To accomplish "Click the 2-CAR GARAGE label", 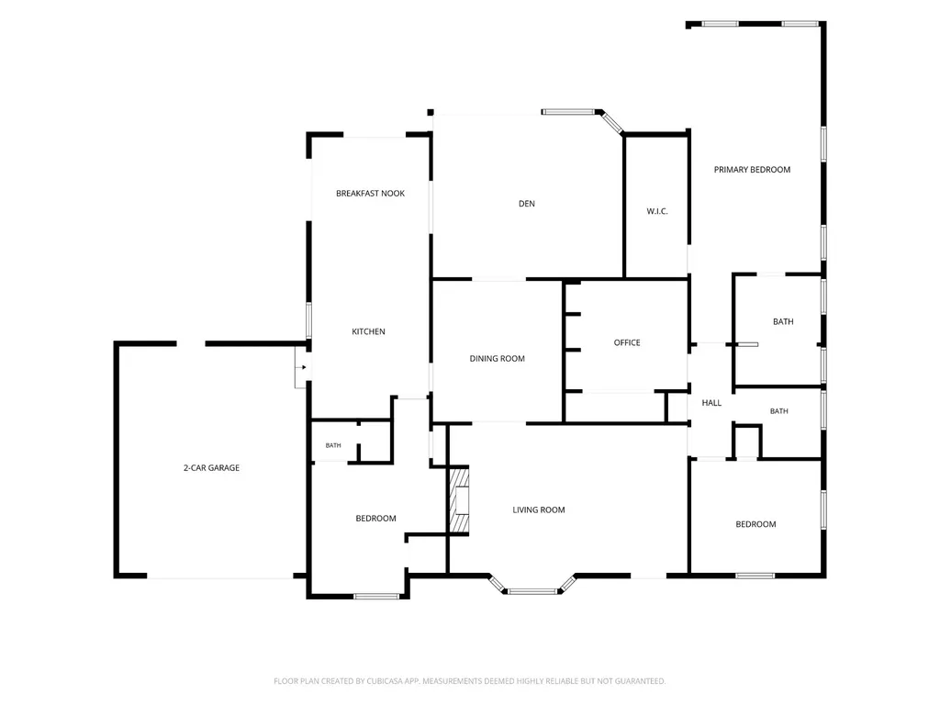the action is click(211, 467).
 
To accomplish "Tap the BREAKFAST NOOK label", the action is click(370, 193).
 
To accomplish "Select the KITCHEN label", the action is click(368, 331).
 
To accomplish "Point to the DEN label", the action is click(526, 204).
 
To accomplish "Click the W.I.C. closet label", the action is click(657, 211).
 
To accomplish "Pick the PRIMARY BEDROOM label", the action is click(752, 170).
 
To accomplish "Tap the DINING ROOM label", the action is click(497, 359).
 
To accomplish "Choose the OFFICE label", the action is click(626, 342).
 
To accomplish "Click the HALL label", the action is click(711, 403).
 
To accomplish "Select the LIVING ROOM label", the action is click(538, 509).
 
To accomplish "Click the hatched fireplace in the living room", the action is click(459, 500).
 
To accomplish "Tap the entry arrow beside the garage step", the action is click(304, 367).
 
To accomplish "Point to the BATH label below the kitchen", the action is click(333, 445).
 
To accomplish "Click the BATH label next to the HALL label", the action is click(778, 411).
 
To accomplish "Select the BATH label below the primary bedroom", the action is click(783, 322).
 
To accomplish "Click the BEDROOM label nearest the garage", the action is click(375, 519).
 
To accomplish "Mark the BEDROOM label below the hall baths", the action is click(755, 524).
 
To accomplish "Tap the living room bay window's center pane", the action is click(532, 592).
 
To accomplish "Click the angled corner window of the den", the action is click(612, 122).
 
